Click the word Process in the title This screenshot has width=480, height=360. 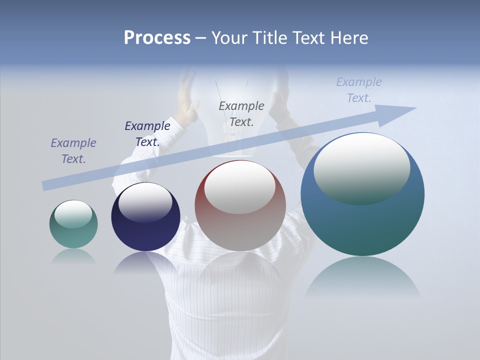(x=157, y=38)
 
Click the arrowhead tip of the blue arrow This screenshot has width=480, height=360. (x=415, y=108)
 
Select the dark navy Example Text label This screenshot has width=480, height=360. (x=147, y=134)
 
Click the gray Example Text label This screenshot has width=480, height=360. (x=241, y=113)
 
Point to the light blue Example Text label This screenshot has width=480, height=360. (x=358, y=90)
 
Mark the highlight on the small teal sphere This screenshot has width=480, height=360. (x=73, y=214)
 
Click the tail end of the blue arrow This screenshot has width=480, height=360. (x=45, y=186)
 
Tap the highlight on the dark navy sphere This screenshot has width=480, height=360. (x=145, y=202)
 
